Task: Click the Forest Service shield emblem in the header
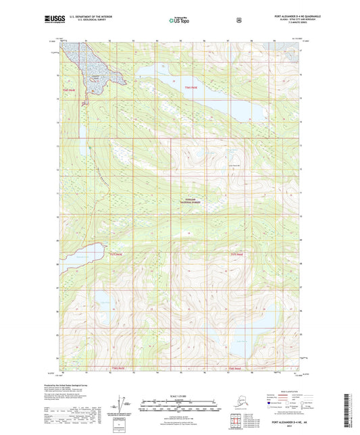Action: (238, 20)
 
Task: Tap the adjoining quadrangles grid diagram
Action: (122, 426)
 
